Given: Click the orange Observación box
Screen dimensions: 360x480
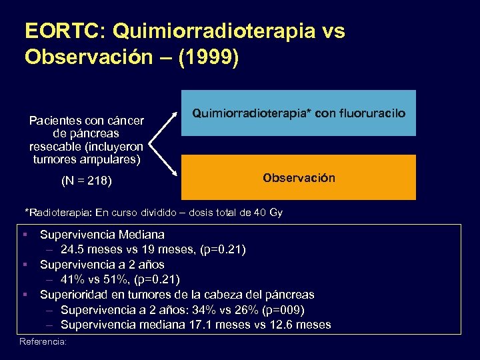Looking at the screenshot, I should coord(298,178).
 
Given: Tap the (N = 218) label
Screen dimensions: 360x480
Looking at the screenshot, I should coord(86,181).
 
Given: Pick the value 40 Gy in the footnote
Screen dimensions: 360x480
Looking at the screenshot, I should coord(268,213).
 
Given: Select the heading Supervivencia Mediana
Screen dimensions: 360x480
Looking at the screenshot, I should coord(102,235).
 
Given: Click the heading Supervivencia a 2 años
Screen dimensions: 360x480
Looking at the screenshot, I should coord(102,264).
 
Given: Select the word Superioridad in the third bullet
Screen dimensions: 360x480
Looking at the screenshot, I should coord(73,294).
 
